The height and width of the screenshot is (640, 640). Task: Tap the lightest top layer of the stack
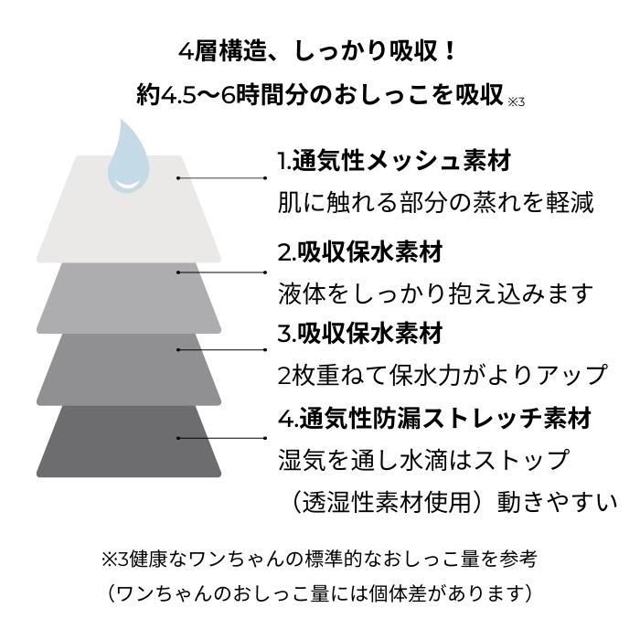click(129, 220)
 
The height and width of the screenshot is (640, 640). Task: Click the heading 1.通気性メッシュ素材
click(394, 161)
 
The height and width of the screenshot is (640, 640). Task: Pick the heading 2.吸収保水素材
click(360, 252)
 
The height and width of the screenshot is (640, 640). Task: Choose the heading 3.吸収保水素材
click(360, 334)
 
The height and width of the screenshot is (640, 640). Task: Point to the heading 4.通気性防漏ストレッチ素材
click(434, 418)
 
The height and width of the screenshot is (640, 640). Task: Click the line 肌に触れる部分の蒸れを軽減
click(435, 202)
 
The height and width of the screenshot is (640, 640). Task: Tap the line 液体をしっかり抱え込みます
click(435, 293)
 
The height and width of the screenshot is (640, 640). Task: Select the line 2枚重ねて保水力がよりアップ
click(443, 375)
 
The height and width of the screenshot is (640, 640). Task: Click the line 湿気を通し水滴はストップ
click(423, 459)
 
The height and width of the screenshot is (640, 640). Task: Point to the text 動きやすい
click(557, 502)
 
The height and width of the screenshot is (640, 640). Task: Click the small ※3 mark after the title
click(516, 102)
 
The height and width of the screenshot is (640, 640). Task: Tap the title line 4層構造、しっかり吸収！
click(317, 52)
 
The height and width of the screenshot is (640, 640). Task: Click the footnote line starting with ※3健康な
click(319, 559)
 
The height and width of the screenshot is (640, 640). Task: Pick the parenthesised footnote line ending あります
click(320, 592)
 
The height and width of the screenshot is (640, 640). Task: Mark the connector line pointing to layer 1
click(221, 178)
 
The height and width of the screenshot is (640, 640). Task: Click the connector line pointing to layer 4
click(221, 438)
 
